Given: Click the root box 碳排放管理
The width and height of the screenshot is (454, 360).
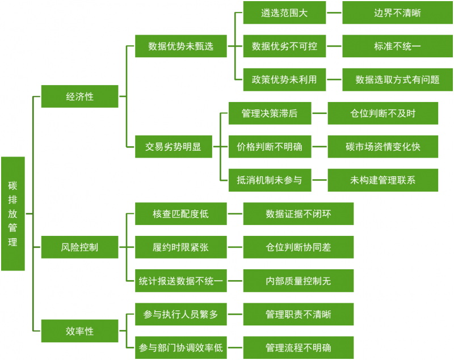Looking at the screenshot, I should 12,214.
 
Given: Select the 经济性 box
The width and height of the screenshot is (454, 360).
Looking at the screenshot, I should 79,96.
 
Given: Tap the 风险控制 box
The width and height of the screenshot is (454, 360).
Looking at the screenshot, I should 79,247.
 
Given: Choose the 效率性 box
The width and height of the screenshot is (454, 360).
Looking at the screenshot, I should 79,331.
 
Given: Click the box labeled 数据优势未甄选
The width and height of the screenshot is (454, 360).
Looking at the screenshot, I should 180,46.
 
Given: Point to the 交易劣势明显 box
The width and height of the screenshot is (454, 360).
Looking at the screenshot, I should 173,147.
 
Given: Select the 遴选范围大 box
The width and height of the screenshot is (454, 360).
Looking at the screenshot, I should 284,13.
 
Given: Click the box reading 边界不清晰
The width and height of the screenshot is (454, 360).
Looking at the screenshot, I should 397,13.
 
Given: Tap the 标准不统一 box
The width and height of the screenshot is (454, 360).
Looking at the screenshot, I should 397,46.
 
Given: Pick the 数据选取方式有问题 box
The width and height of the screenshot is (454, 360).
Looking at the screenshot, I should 397,80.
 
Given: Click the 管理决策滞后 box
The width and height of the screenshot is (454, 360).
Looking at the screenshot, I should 270,113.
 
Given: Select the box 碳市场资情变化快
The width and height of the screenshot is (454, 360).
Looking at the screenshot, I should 383,147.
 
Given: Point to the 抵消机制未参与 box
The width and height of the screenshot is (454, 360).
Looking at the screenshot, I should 270,180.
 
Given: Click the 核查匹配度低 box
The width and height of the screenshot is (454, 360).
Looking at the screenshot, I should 180,214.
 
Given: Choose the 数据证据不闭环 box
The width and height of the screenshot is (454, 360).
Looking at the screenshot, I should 298,214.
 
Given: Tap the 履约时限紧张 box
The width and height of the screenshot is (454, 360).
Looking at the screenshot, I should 180,247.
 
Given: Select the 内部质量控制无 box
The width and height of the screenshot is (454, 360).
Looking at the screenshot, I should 298,281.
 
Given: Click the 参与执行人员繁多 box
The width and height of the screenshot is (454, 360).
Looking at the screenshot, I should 180,314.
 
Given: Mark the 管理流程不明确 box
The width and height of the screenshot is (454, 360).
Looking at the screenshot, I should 298,348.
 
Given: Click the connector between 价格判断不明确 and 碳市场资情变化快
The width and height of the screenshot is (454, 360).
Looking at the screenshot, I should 320,147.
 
